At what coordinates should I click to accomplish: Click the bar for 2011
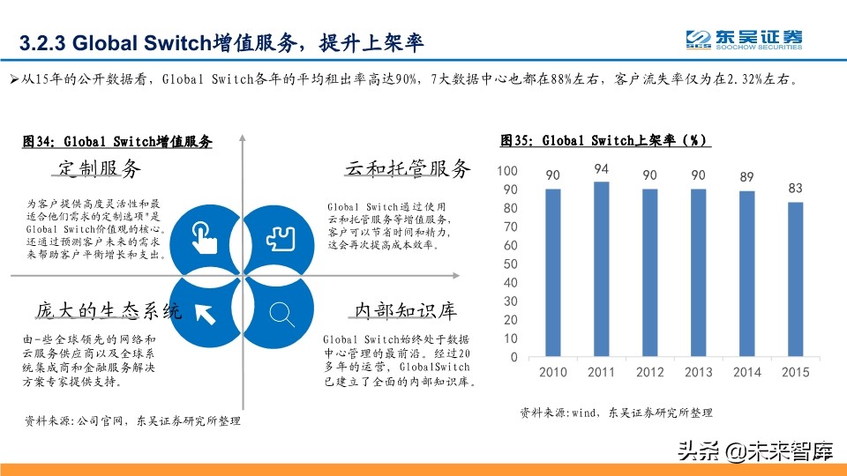point(602,269)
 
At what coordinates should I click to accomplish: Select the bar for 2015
point(795,279)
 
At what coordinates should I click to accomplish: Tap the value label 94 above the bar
point(602,169)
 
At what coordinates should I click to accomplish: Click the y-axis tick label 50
point(510,264)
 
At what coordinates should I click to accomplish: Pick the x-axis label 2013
point(698,372)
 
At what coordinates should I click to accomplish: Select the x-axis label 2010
point(553,372)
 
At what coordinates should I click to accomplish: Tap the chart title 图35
point(605,140)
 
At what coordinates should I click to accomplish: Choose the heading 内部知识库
point(405,310)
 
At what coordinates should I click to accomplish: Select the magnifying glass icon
point(281,313)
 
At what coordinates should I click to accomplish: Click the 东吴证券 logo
point(745,40)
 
